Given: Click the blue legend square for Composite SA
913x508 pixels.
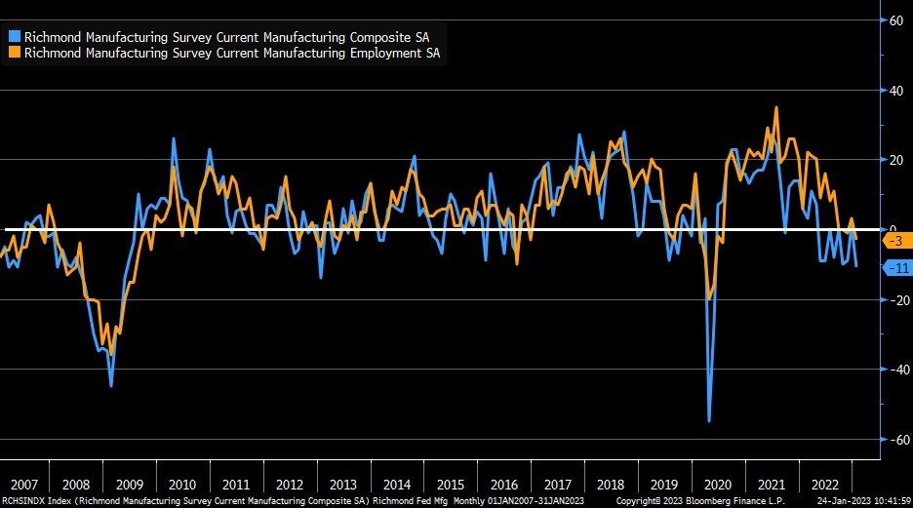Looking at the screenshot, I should tap(15, 37).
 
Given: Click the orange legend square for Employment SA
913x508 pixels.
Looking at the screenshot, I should tap(15, 54).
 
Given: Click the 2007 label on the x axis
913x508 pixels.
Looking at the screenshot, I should tap(23, 485).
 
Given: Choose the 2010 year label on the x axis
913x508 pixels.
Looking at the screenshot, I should tap(181, 485).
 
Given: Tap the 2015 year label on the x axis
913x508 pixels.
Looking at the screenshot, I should tap(450, 485).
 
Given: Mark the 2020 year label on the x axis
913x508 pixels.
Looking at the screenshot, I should tap(717, 485).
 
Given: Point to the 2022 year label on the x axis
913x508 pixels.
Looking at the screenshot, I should tap(824, 485).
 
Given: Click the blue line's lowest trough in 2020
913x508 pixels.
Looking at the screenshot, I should tap(709, 420).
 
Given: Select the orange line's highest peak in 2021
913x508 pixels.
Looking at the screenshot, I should tap(775, 107).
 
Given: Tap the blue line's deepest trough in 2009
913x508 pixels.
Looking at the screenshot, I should tap(111, 386).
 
